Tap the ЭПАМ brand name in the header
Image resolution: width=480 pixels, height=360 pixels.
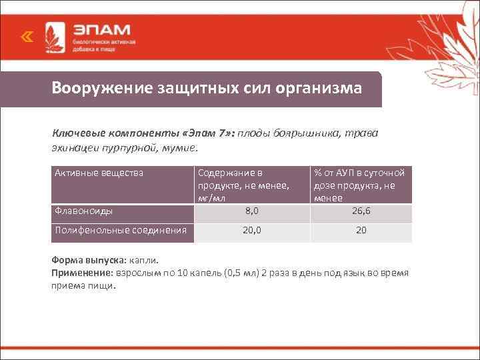pos(101,31)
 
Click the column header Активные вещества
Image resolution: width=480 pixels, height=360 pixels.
pos(99,173)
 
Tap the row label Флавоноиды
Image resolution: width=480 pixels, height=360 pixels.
pos(83,211)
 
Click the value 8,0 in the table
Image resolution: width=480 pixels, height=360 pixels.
pos(251,211)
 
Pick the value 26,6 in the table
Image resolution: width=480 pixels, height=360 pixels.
pos(361,211)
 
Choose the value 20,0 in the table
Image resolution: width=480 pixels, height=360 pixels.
pos(251,230)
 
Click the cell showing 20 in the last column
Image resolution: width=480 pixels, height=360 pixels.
pos(361,230)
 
